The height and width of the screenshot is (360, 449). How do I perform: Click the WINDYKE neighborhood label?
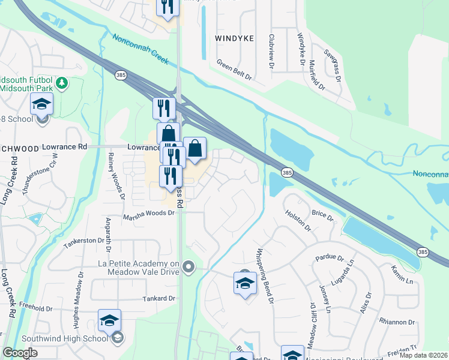[x=234, y=38]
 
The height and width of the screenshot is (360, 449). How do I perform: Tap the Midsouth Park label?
[x=26, y=88]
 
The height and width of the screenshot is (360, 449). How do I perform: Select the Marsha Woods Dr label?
[x=149, y=213]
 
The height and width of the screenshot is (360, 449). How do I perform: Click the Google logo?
[x=20, y=353]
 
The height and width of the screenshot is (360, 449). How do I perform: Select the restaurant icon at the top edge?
[x=166, y=7]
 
